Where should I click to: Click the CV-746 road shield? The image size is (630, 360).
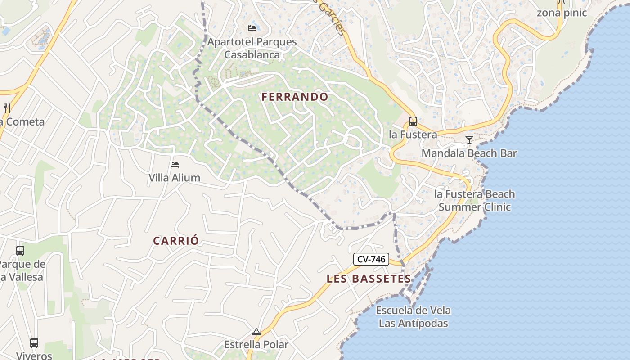(x=371, y=259)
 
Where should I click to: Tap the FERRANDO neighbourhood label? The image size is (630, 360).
(x=295, y=97)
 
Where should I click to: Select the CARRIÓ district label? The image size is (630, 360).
(x=175, y=241)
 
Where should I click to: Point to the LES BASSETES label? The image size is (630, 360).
(x=369, y=279)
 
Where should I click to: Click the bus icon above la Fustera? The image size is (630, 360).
(x=413, y=121)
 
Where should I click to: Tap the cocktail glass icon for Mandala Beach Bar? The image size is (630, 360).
(x=469, y=140)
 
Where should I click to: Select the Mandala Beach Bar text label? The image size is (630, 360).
(x=469, y=153)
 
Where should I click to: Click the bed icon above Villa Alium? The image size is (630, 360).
(x=175, y=165)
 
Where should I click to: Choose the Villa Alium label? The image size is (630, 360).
(x=175, y=178)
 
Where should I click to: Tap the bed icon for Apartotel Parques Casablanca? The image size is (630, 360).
(x=252, y=28)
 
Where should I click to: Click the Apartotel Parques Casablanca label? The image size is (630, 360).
(x=252, y=48)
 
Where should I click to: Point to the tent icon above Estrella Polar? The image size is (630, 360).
(x=256, y=332)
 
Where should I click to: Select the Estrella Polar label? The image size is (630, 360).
(x=256, y=345)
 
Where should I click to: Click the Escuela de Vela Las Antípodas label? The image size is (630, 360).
(x=413, y=317)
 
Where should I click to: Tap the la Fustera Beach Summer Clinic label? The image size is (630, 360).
(x=474, y=201)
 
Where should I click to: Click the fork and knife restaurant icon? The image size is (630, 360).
(x=7, y=108)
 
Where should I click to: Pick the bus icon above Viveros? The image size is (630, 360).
(x=34, y=343)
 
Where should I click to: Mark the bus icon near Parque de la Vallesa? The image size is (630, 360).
(x=20, y=251)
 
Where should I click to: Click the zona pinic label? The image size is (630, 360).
(x=562, y=13)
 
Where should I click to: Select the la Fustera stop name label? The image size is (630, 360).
(x=413, y=135)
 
